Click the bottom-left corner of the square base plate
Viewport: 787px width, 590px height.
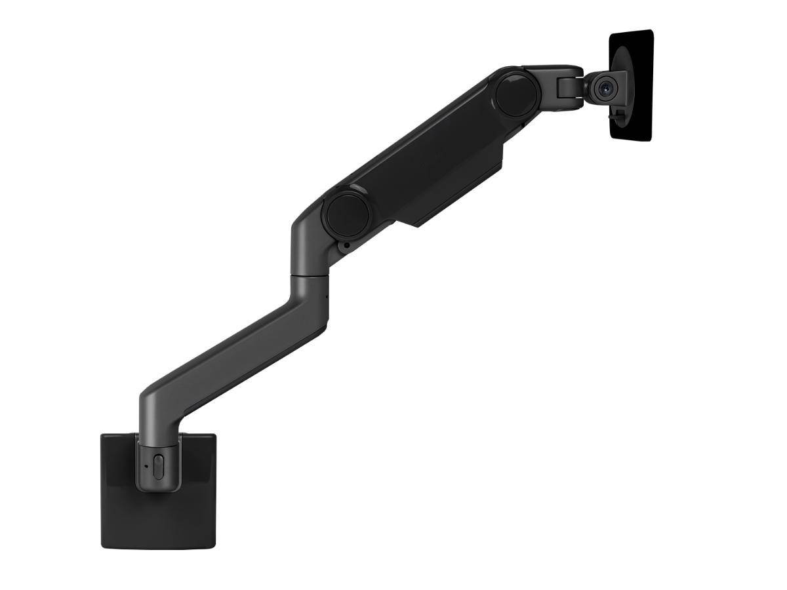point(104,545)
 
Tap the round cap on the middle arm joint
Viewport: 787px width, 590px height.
point(345,209)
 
